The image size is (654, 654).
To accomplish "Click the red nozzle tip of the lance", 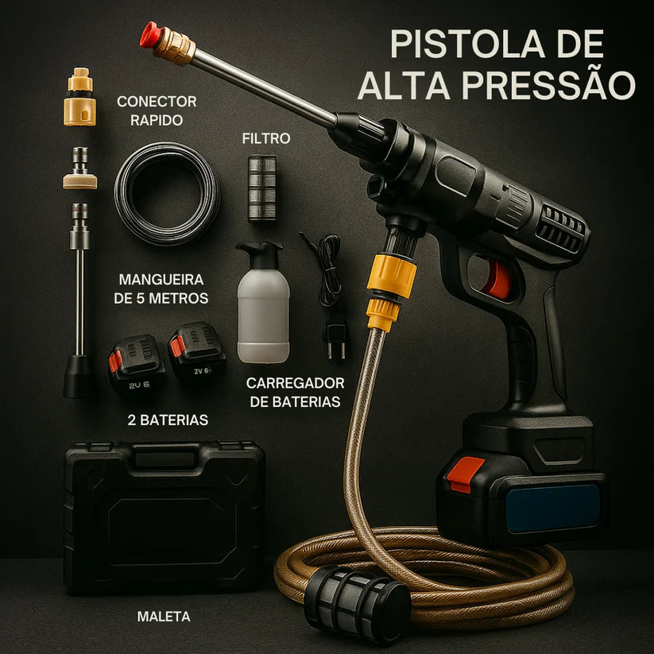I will pyautogui.click(x=149, y=34).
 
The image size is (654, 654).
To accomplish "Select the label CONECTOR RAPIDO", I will pyautogui.click(x=156, y=111).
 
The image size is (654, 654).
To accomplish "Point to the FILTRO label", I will pyautogui.click(x=266, y=138).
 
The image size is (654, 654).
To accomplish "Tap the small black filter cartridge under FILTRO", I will pyautogui.click(x=261, y=188).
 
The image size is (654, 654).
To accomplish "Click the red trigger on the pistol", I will pyautogui.click(x=498, y=279).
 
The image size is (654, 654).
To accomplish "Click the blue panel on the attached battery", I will pyautogui.click(x=553, y=508).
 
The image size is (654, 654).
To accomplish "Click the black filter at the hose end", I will pyautogui.click(x=358, y=603).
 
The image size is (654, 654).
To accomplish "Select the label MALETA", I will pyautogui.click(x=163, y=616).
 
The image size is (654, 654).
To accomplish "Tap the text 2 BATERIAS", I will pyautogui.click(x=168, y=420).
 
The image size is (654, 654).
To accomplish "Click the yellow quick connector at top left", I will pyautogui.click(x=79, y=99).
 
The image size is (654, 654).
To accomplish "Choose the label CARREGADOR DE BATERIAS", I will pyautogui.click(x=296, y=392).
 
